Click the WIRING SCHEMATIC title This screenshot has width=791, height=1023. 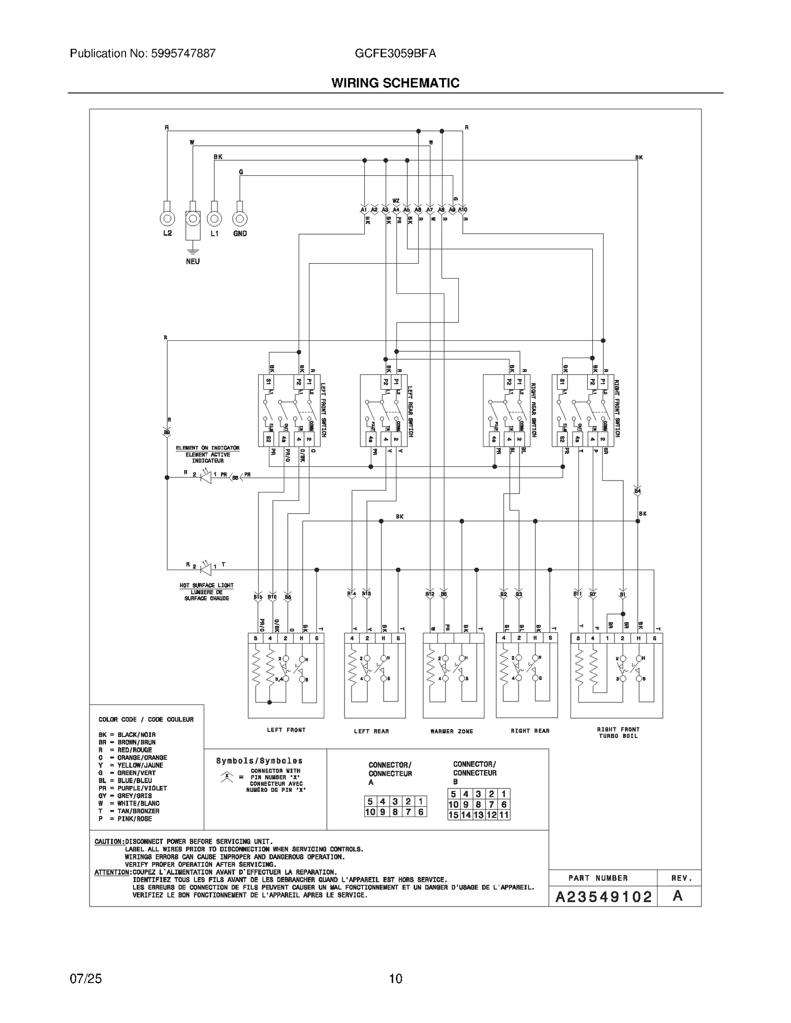click(x=395, y=83)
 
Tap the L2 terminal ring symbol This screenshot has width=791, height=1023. click(x=167, y=218)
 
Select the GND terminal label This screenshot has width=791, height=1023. click(x=240, y=234)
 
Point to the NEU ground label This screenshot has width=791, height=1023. click(x=193, y=261)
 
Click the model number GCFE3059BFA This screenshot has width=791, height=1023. click(x=395, y=53)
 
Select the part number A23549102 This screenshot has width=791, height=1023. click(x=604, y=897)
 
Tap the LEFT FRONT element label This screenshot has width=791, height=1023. click(x=286, y=730)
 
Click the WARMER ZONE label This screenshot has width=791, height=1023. click(x=451, y=731)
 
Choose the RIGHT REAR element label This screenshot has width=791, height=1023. click(x=530, y=731)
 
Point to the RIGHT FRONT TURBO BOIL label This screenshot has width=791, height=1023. click(x=618, y=733)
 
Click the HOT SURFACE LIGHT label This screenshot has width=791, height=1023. click(x=207, y=585)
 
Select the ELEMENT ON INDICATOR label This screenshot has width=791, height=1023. click(x=208, y=448)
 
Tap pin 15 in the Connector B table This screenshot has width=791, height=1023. click(x=453, y=815)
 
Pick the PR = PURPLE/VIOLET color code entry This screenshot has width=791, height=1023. click(x=132, y=788)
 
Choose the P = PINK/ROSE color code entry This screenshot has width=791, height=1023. click(x=125, y=818)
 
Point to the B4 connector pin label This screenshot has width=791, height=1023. click(x=637, y=491)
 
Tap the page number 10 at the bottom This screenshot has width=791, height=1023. click(x=395, y=979)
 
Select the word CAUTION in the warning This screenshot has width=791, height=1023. click(x=108, y=841)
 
